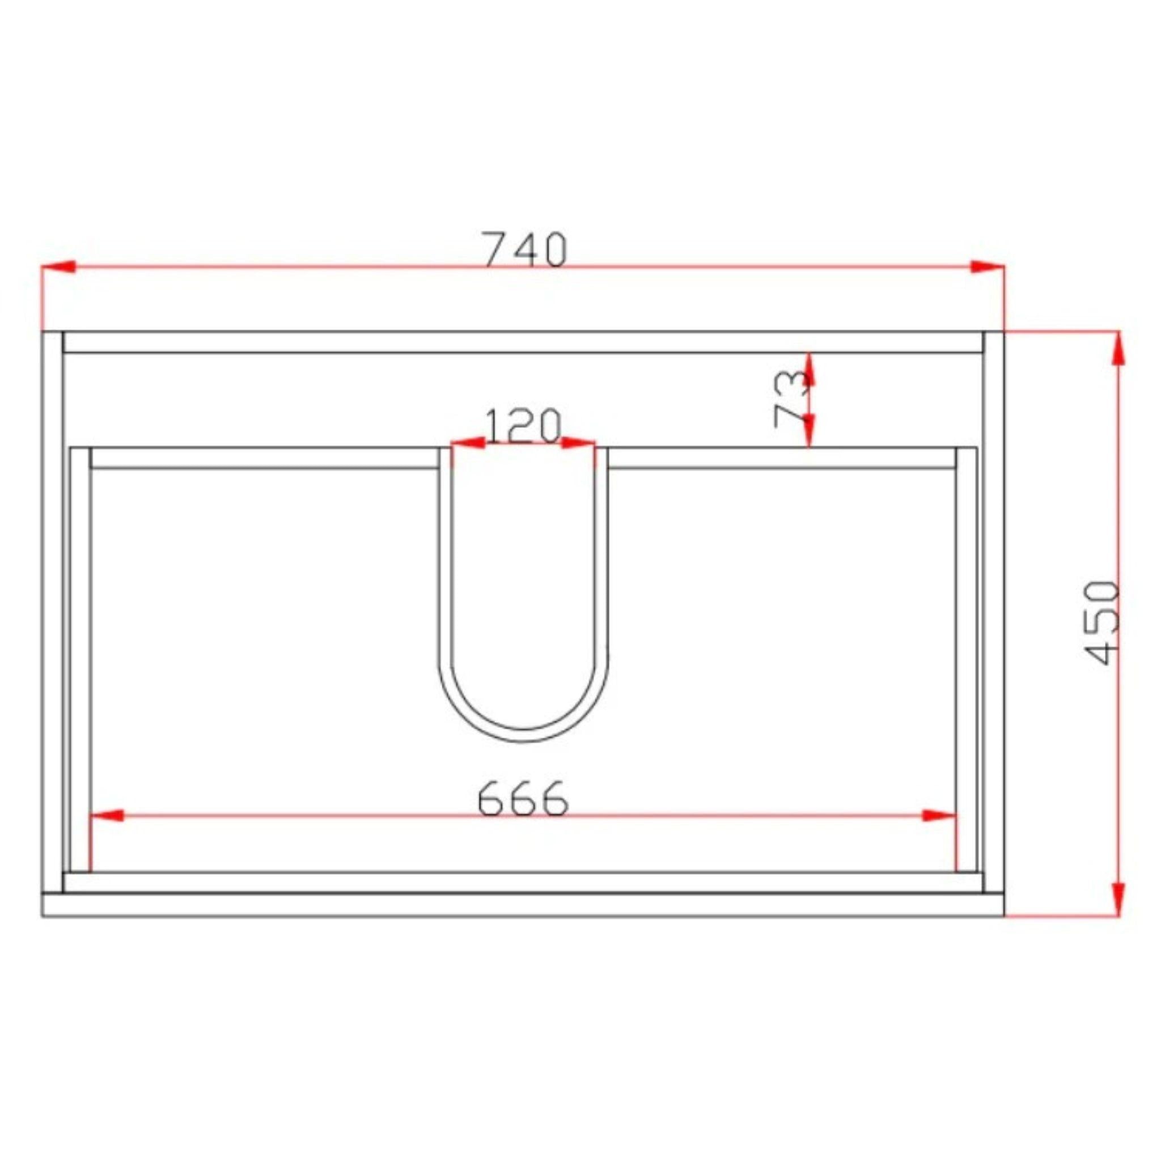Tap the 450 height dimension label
pyautogui.click(x=1104, y=622)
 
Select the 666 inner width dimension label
pyautogui.click(x=522, y=799)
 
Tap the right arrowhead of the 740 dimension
pyautogui.click(x=988, y=266)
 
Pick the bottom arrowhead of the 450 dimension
pyautogui.click(x=1119, y=899)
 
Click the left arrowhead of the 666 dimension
pyautogui.click(x=107, y=815)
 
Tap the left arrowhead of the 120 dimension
pyautogui.click(x=468, y=443)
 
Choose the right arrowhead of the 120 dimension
pyautogui.click(x=578, y=443)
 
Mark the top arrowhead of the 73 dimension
pyautogui.click(x=809, y=368)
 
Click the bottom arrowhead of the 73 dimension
pyautogui.click(x=809, y=431)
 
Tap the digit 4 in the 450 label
pyautogui.click(x=1104, y=652)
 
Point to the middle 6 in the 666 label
pyautogui.click(x=522, y=799)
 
